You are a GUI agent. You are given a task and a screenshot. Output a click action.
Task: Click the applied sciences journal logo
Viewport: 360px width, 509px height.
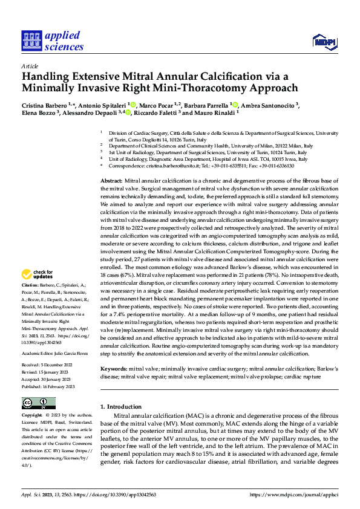(x=53, y=40)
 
